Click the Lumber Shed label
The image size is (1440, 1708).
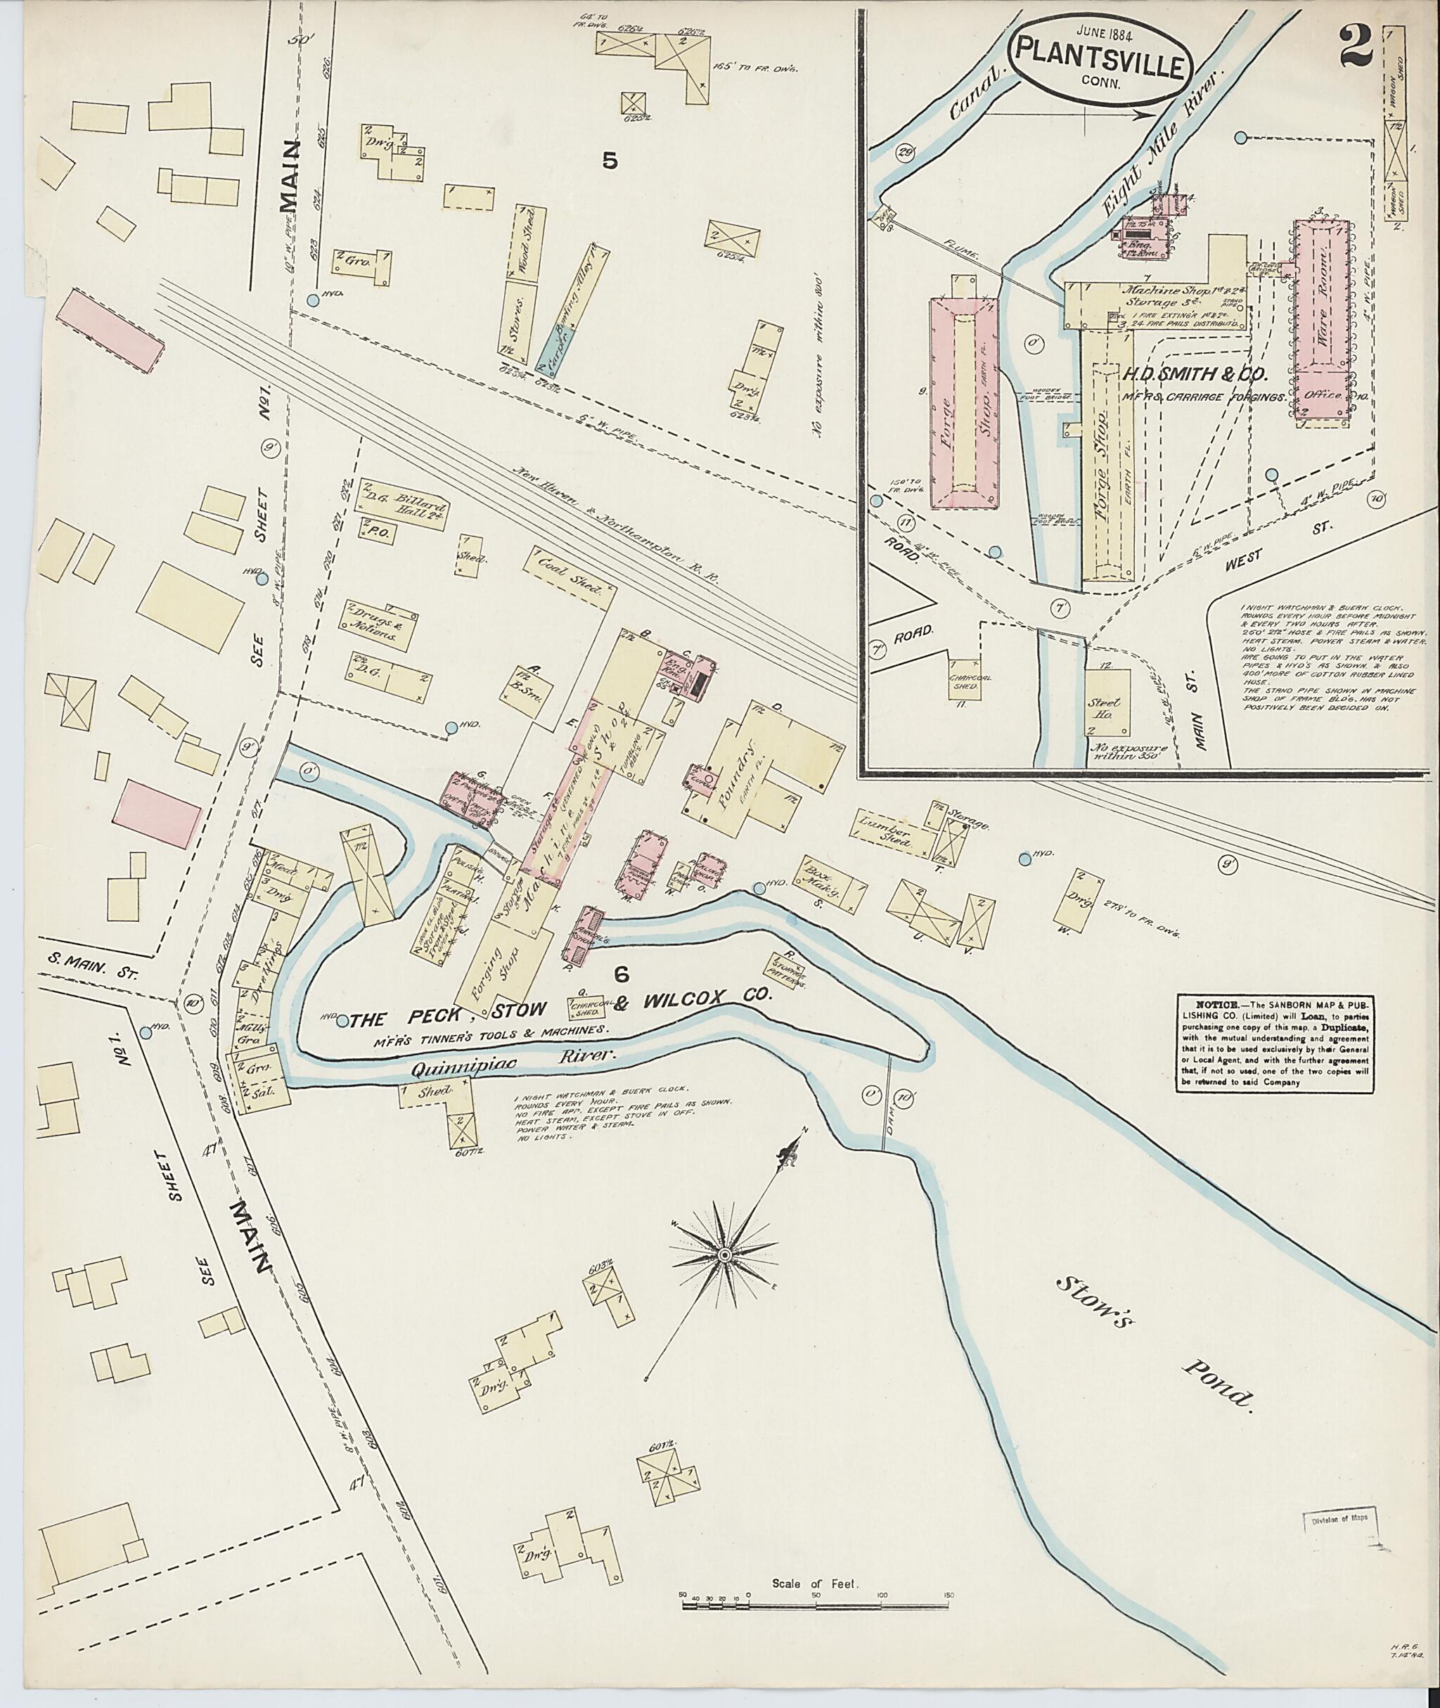894,835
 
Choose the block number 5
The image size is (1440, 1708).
610,162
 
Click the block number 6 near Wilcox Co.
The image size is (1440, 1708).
622,973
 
